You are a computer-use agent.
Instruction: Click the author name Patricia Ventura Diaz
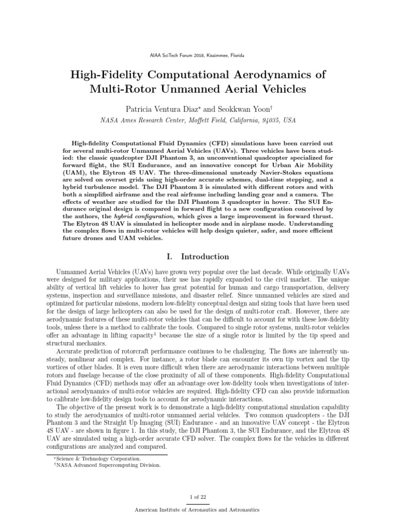[x=154, y=109]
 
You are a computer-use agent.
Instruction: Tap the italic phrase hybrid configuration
[x=153, y=217]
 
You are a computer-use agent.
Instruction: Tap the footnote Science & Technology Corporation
[x=99, y=458]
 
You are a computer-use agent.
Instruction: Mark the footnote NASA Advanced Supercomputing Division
[x=109, y=465]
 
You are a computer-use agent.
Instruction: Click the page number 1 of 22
[x=197, y=496]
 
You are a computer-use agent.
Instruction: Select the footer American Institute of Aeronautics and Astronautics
[x=197, y=510]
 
